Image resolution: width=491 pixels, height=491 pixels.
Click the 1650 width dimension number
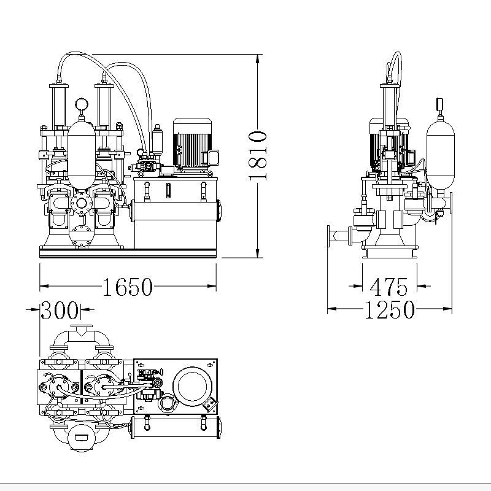tap(127, 286)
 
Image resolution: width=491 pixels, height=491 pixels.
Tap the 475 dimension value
tap(389, 286)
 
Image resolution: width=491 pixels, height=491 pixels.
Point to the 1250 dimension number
tap(390, 311)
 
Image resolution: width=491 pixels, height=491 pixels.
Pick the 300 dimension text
tap(60, 311)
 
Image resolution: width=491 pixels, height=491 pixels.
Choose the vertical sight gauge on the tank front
tap(167, 190)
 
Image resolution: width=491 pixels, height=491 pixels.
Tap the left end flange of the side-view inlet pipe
tap(330, 235)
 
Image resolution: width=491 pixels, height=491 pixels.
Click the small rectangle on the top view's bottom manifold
tap(81, 437)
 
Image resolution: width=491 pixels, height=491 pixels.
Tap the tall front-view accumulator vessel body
tap(81, 153)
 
